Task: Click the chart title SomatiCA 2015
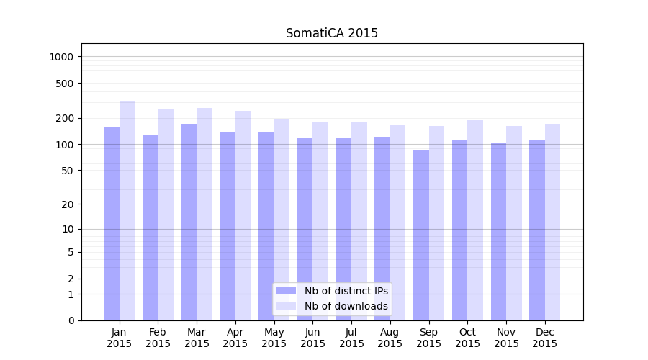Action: coord(331,33)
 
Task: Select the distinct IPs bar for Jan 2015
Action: coord(112,223)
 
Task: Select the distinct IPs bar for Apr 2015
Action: coord(228,226)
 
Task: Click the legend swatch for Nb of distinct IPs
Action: coord(286,291)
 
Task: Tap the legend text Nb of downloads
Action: coord(346,306)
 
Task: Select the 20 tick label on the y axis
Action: coord(67,204)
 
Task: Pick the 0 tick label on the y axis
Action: coord(71,320)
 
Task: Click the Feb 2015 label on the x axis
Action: coord(158,338)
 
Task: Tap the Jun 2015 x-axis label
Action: coord(312,338)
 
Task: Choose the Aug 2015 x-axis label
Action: coord(390,338)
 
